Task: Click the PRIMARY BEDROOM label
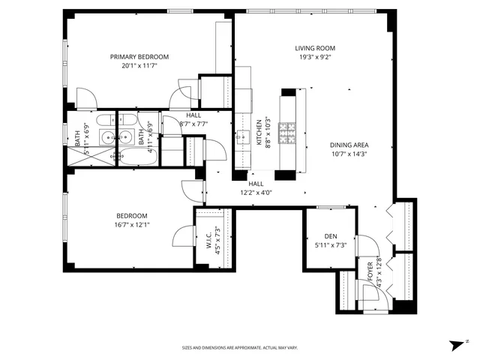pyautogui.click(x=139, y=56)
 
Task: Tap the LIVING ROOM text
pyautogui.click(x=313, y=47)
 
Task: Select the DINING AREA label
pyautogui.click(x=349, y=145)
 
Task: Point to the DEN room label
pyautogui.click(x=323, y=235)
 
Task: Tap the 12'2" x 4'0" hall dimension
pyautogui.click(x=256, y=192)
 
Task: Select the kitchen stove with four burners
pyautogui.click(x=288, y=133)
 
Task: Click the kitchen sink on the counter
pyautogui.click(x=243, y=137)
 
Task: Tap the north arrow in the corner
pyautogui.click(x=454, y=345)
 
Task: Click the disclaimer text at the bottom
pyautogui.click(x=240, y=348)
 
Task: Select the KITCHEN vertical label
pyautogui.click(x=259, y=133)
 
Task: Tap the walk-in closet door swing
pyautogui.click(x=182, y=238)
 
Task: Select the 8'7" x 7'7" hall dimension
pyautogui.click(x=193, y=124)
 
